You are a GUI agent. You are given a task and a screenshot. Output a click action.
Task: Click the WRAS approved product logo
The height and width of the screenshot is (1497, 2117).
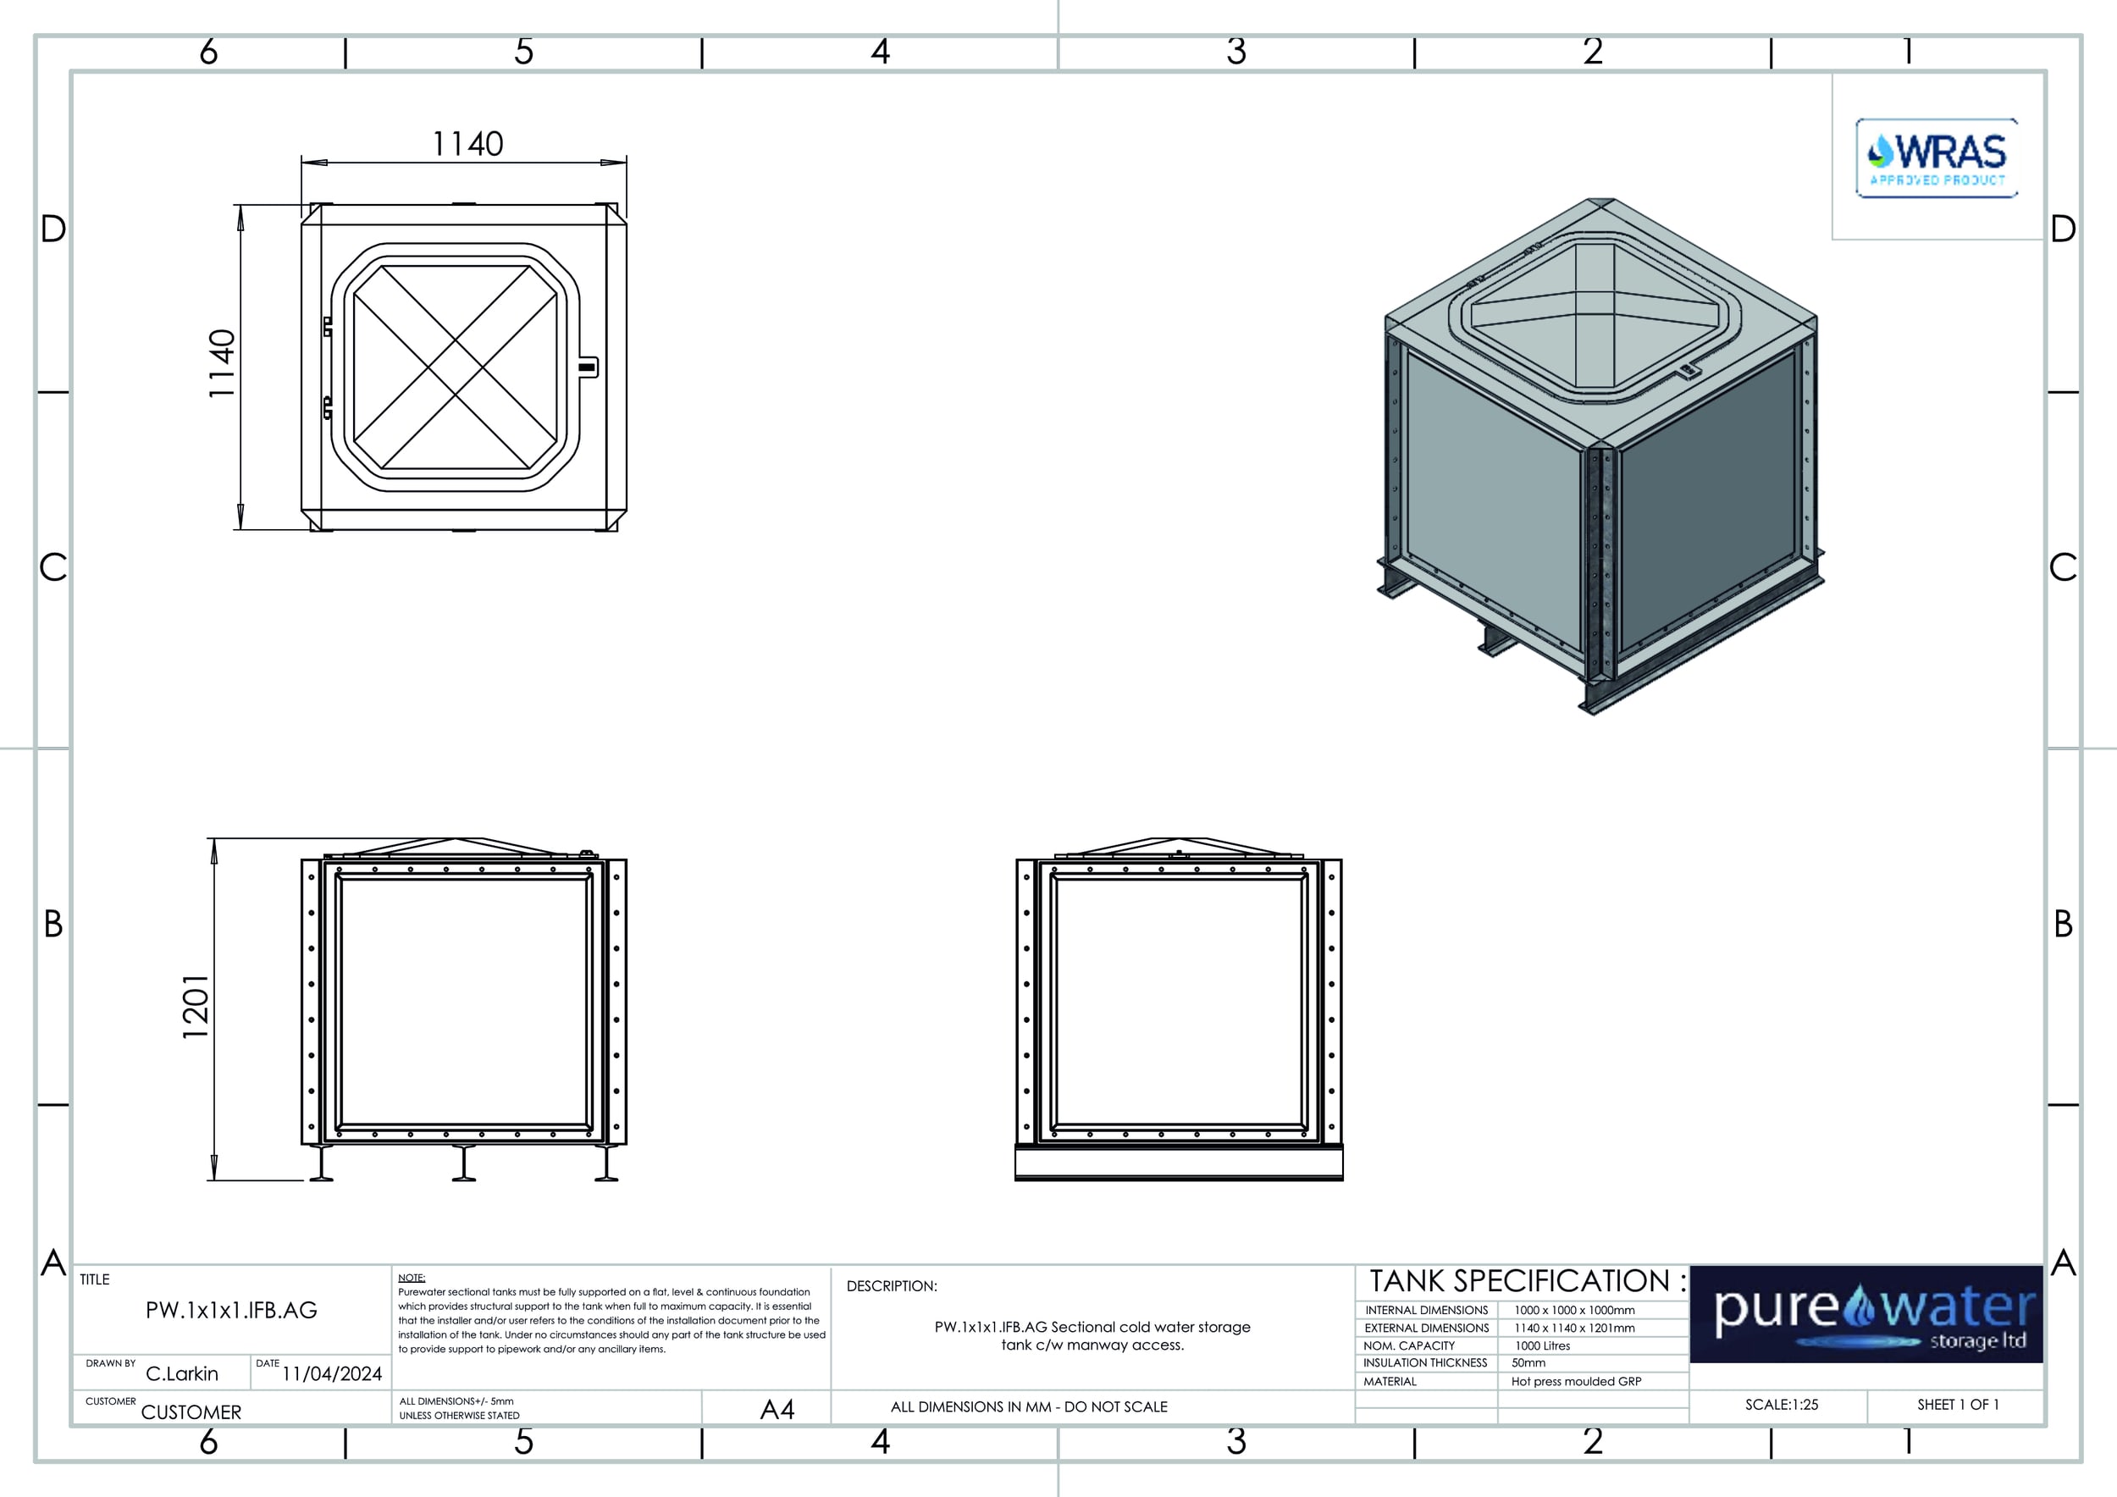1937,157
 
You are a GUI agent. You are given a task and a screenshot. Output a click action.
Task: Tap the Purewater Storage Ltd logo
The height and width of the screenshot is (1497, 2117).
1866,1314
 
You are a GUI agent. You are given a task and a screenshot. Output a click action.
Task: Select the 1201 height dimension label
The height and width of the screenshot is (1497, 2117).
196,1007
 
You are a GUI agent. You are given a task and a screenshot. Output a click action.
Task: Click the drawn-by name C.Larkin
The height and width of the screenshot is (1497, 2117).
182,1373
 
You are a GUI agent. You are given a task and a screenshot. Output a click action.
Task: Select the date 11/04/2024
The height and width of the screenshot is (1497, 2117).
332,1374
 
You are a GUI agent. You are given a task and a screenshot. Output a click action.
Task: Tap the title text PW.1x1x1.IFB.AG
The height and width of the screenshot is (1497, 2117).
231,1310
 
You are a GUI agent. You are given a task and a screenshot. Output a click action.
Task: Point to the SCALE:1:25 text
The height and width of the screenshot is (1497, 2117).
1782,1405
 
